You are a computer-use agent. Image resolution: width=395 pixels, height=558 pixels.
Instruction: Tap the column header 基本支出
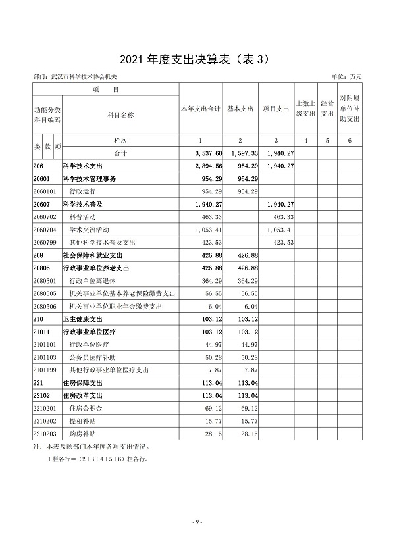(240, 109)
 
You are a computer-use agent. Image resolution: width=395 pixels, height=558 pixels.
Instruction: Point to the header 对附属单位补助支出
(350, 109)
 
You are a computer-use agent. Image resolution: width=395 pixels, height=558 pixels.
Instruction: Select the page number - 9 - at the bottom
(197, 522)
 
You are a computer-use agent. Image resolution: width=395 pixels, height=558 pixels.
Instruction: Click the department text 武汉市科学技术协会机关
(85, 77)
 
